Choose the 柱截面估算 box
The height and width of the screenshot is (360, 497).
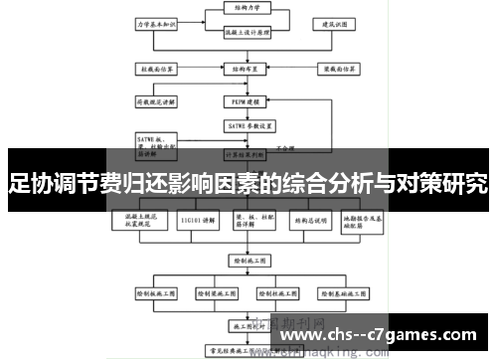[156, 70]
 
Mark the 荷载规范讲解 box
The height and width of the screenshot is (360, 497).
[156, 100]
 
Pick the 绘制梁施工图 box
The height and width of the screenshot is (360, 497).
[216, 294]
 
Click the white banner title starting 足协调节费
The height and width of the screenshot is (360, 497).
[248, 183]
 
